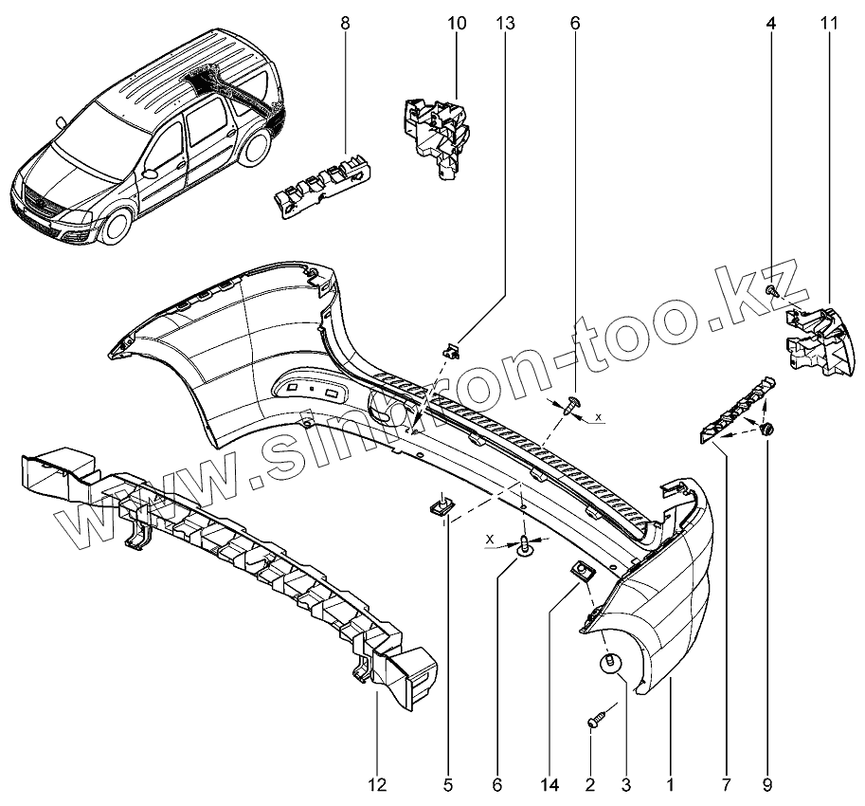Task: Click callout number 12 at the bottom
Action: click(376, 784)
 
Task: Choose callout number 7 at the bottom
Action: click(726, 784)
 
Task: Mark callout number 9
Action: click(766, 784)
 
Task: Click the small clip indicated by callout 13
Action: click(452, 349)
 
